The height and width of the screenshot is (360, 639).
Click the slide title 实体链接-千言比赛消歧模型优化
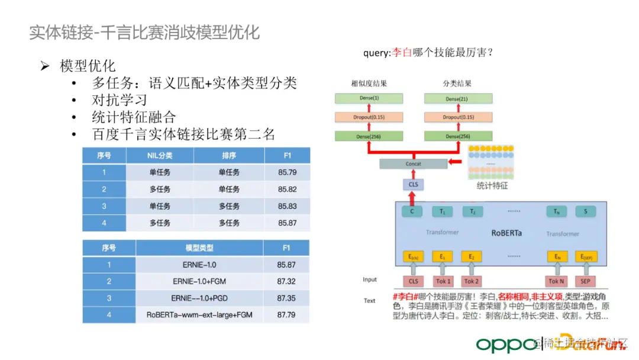click(144, 32)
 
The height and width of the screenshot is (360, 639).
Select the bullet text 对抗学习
click(119, 100)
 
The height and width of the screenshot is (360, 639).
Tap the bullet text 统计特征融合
click(134, 117)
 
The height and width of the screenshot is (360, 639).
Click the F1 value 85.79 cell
click(287, 172)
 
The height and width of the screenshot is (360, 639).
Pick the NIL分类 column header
click(160, 156)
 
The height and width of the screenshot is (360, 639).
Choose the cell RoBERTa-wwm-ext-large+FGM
click(199, 315)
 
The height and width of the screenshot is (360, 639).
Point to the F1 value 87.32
click(286, 281)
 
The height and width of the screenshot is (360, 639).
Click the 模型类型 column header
click(199, 248)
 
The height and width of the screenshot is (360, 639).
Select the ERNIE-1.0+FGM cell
click(199, 281)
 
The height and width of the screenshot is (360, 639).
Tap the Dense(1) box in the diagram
click(367, 98)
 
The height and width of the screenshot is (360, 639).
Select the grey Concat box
click(414, 164)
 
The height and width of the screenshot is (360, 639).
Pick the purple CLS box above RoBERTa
click(414, 185)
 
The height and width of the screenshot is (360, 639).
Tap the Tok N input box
click(557, 281)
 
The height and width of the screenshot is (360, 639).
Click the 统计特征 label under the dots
click(492, 186)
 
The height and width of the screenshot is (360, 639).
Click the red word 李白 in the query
click(402, 53)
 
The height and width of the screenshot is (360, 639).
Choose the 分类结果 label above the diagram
click(457, 83)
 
